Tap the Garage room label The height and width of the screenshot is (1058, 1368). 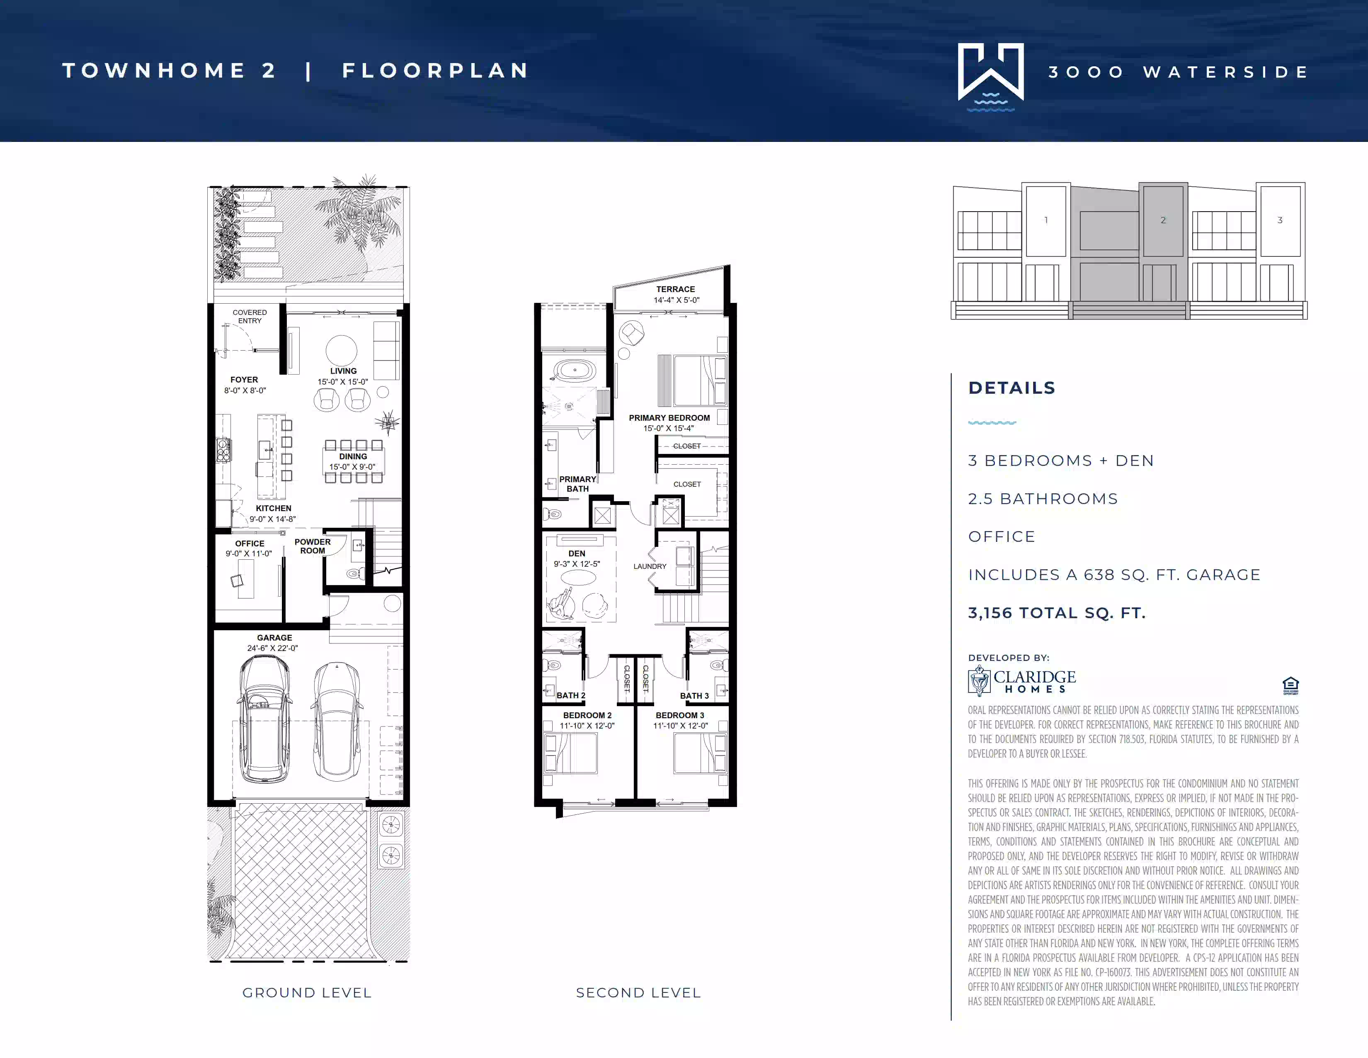[x=274, y=637]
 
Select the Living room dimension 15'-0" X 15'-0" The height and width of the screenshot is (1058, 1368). [x=343, y=382]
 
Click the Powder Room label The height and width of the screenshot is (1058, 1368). [x=313, y=546]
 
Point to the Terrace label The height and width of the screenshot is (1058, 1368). [x=675, y=289]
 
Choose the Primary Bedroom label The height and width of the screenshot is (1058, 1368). [x=669, y=417]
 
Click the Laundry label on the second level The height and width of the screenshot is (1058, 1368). [x=650, y=566]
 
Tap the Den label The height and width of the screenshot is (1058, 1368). [x=577, y=553]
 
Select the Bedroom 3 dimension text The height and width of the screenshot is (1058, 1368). [x=680, y=726]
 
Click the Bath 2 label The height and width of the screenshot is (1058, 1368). [x=571, y=695]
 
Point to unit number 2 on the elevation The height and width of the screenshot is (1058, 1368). [x=1163, y=220]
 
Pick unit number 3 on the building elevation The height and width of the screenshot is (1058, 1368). [x=1280, y=220]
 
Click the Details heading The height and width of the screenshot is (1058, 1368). [x=1011, y=388]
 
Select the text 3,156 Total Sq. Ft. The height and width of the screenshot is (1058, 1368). [x=1057, y=612]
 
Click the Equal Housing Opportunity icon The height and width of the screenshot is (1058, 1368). [x=1290, y=686]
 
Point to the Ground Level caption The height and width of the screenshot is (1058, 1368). [x=307, y=993]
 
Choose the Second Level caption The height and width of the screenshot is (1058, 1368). [x=638, y=993]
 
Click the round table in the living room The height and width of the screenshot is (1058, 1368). [x=341, y=350]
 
